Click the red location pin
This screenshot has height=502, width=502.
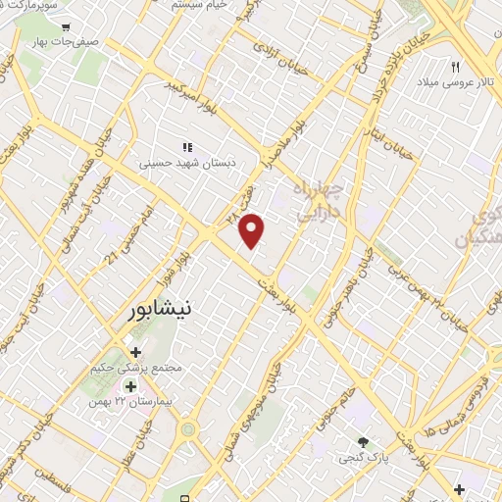(252, 229)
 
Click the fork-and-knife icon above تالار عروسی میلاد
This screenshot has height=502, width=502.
(455, 67)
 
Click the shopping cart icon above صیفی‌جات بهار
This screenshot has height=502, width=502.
(66, 28)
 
